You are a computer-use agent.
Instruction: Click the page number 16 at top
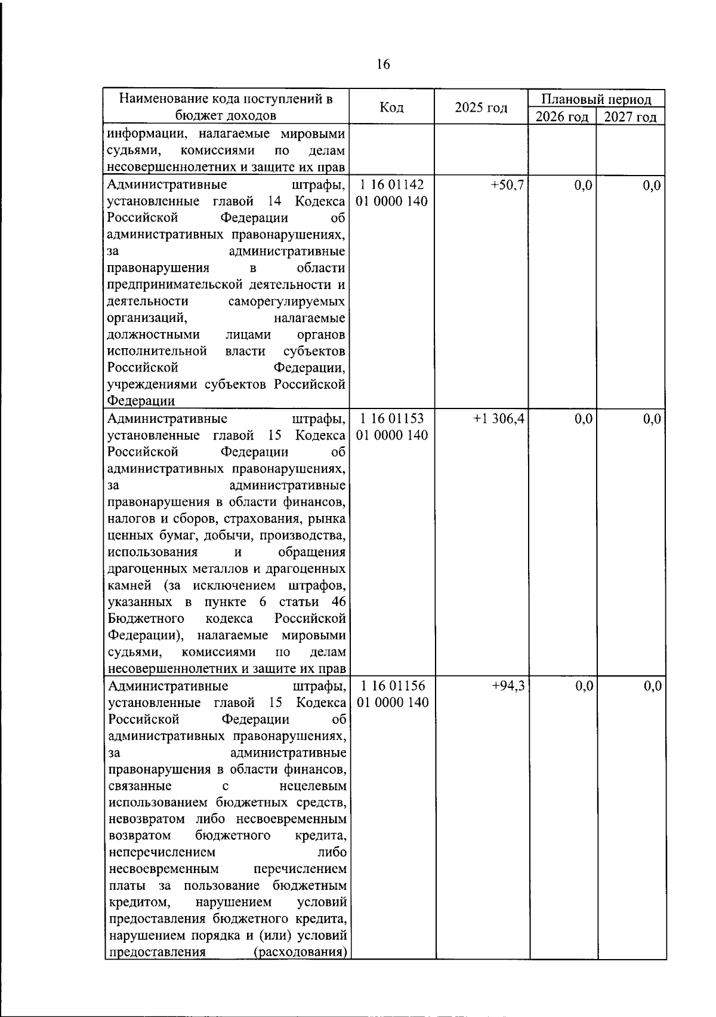[383, 64]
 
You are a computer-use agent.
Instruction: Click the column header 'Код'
[391, 107]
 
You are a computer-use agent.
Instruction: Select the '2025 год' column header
[480, 108]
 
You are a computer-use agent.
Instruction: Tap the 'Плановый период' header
[596, 99]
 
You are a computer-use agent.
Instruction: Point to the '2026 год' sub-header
[562, 117]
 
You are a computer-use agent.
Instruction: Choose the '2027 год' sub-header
[630, 117]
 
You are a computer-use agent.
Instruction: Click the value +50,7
[507, 186]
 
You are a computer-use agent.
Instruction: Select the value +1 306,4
[499, 419]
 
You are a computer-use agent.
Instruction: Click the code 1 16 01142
[391, 185]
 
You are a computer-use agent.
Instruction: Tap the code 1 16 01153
[391, 419]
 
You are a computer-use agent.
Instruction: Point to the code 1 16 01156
[392, 686]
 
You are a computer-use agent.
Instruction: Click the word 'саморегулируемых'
[286, 302]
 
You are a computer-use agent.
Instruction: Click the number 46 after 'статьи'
[338, 601]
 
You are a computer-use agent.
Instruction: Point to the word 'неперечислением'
[163, 852]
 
